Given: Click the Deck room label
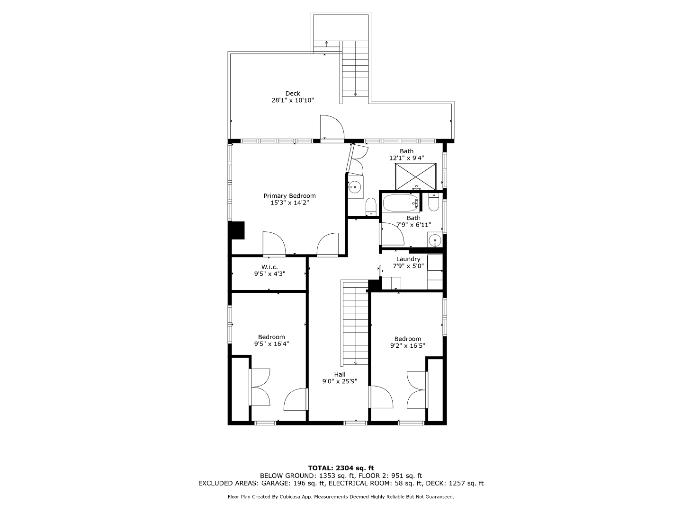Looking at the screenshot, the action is point(293,93).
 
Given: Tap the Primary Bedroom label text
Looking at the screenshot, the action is point(289,196).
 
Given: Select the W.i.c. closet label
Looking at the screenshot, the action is point(269,267).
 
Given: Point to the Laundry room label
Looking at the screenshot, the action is point(408,259).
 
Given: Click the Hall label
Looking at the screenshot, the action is point(340,374).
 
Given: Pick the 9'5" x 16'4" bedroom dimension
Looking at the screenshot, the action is point(271,344).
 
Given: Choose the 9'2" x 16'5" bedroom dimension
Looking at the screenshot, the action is point(408,345).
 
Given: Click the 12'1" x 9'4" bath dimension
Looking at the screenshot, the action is point(407,158).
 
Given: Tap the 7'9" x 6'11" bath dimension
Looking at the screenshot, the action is point(413,225).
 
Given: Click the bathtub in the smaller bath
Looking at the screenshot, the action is point(401,203).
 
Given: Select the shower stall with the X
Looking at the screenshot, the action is point(416,176).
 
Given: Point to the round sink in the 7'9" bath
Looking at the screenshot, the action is point(435,240).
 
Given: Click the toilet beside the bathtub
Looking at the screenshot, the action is point(433,202).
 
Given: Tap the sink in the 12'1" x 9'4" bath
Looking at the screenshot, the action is point(354,187).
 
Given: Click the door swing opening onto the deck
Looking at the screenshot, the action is point(332,128).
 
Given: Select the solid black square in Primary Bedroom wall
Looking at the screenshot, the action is point(236,230).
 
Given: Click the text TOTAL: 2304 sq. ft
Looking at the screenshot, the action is point(341,468).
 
